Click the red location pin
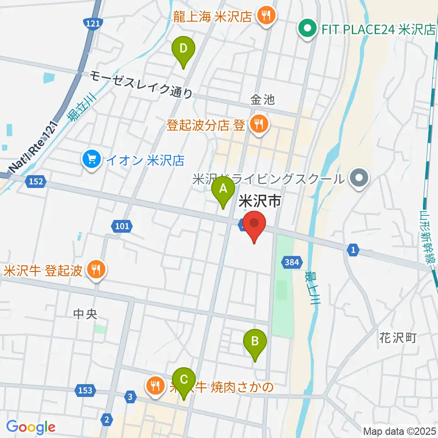254,224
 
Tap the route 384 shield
291,262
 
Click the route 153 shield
85,390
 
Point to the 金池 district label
263,99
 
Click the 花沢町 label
398,338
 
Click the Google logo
31,427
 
